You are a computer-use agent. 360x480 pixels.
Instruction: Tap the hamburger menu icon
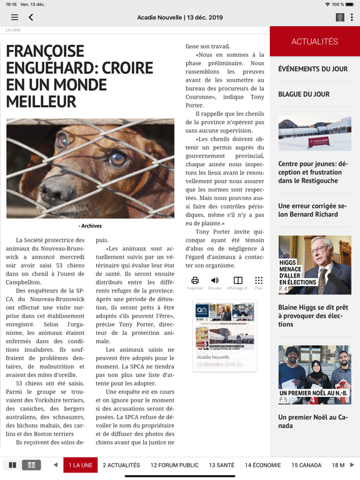[x=14, y=17]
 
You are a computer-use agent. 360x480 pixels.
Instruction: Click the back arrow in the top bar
[x=31, y=17]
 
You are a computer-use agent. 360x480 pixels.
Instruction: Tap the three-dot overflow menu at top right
[x=351, y=17]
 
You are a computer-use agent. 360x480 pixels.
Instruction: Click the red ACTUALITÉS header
[x=314, y=42]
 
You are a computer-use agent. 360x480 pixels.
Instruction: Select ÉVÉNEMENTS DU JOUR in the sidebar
[x=312, y=69]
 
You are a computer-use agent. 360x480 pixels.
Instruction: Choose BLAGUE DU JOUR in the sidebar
[x=304, y=94]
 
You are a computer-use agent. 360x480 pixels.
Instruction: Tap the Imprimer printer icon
[x=195, y=281]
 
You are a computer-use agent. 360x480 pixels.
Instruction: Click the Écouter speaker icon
[x=215, y=281]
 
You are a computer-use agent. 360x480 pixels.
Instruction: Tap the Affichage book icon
[x=237, y=281]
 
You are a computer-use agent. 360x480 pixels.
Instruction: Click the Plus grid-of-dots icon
[x=259, y=281]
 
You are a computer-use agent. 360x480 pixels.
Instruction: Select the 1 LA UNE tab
[x=81, y=465]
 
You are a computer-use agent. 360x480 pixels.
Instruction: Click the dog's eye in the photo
[x=117, y=158]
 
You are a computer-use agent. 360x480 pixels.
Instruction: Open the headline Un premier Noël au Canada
[x=312, y=421]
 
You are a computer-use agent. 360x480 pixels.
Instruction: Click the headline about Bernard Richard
[x=312, y=210]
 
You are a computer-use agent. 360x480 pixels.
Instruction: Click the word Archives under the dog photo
[x=91, y=226]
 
